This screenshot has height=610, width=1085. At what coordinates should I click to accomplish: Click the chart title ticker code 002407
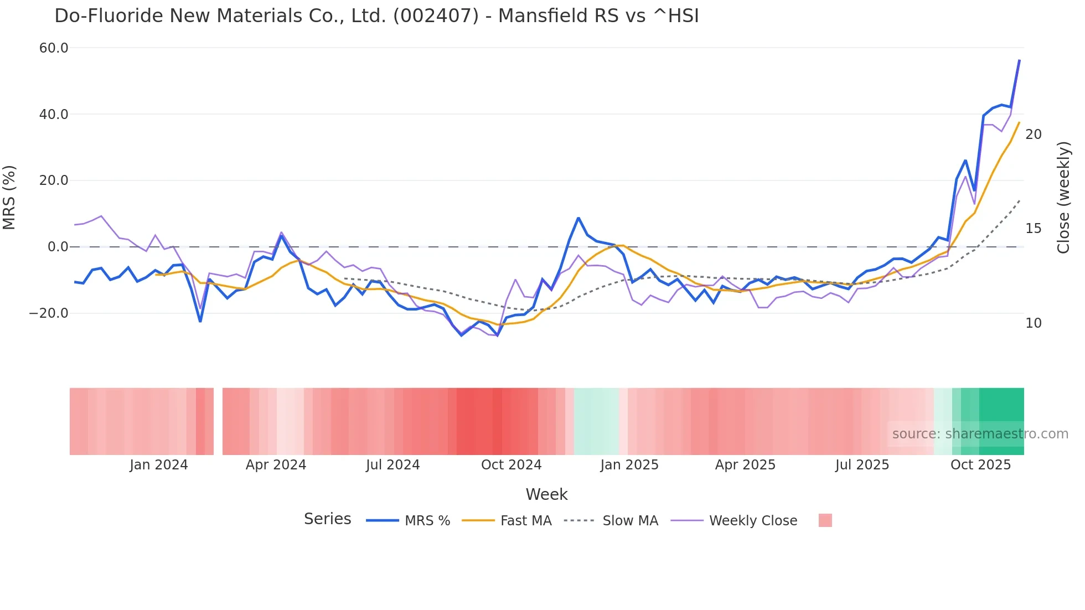[x=436, y=16]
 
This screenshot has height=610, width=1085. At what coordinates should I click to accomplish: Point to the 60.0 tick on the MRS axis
[x=54, y=48]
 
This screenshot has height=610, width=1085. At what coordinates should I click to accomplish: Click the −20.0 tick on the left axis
[x=49, y=313]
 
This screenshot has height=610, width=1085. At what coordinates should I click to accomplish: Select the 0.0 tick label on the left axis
[x=58, y=247]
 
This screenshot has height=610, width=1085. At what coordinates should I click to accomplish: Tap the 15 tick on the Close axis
[x=1033, y=229]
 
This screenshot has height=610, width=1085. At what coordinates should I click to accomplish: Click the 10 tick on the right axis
[x=1033, y=323]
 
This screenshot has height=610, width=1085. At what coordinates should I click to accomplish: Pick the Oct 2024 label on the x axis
[x=511, y=465]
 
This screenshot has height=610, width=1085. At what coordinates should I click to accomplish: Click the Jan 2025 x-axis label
[x=629, y=465]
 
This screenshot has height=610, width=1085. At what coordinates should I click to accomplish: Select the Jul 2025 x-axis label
[x=862, y=465]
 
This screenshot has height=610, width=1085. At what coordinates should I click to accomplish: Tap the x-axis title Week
[x=546, y=494]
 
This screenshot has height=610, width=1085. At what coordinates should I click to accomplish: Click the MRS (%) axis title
[x=9, y=197]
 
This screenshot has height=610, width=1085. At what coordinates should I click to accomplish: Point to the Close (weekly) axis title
[x=1063, y=198]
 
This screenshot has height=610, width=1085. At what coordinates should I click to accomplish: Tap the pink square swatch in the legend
[x=825, y=521]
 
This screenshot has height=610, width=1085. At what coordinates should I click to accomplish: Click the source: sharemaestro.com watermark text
[x=980, y=434]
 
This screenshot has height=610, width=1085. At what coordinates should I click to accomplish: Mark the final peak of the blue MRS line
[x=1019, y=60]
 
